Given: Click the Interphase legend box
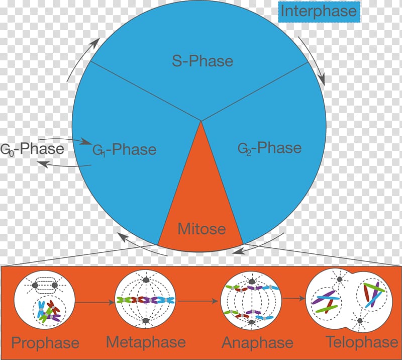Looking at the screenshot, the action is [319, 12].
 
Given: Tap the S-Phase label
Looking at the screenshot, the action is [203, 61].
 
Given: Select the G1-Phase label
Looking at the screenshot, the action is [124, 150].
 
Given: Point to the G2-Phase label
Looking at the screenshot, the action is [269, 148].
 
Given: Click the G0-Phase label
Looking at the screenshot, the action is [32, 149].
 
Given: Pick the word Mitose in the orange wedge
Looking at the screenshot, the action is [202, 229].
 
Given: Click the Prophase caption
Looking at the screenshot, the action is [45, 343].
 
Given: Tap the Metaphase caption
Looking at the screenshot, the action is [146, 342].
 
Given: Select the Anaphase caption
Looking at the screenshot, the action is [257, 343].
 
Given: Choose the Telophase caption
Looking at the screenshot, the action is [362, 342].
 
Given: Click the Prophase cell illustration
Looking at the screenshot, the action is [44, 299].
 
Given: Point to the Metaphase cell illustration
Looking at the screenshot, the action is [145, 299].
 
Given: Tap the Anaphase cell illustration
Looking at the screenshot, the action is [251, 301].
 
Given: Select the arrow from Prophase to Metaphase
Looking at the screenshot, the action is [94, 303].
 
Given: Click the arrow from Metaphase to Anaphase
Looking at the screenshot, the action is [197, 301].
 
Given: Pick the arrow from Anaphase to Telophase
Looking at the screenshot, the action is [293, 298].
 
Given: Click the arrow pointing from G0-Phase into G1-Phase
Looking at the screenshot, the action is [64, 140].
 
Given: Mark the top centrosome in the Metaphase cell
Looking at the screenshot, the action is [146, 280].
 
